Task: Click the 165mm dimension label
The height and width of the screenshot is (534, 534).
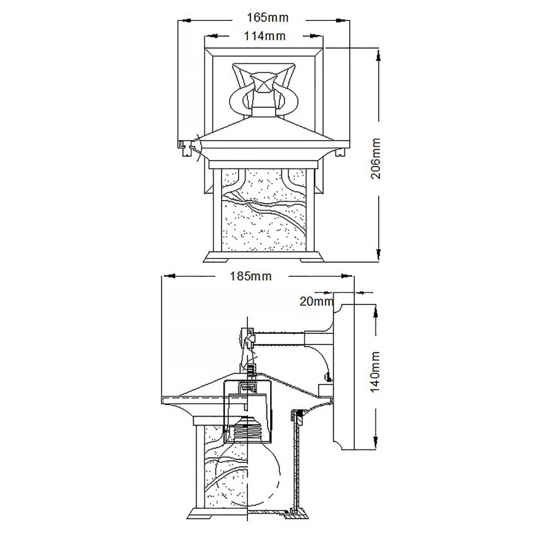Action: click(x=265, y=17)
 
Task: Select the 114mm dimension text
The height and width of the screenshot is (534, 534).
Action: click(x=265, y=36)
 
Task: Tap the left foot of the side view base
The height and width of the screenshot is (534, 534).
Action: click(x=195, y=514)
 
